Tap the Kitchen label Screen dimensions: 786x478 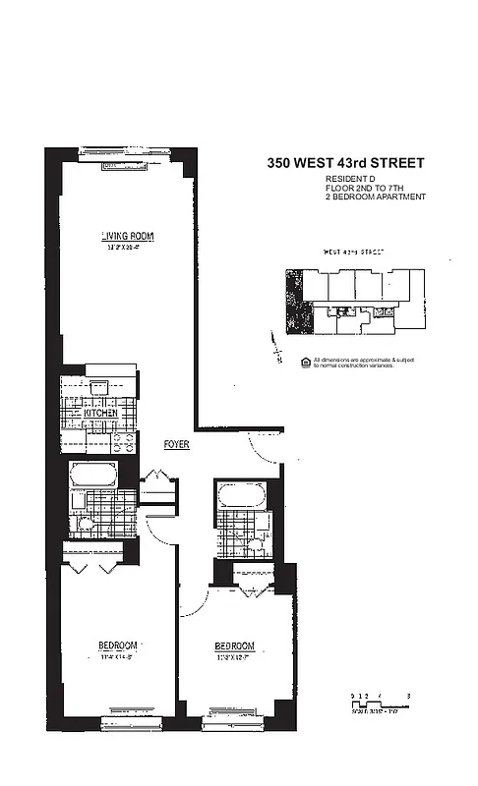[x=100, y=414]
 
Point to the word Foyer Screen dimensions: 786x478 [x=177, y=445]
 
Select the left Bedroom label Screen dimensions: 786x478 [x=116, y=646]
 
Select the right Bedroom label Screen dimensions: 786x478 [x=235, y=646]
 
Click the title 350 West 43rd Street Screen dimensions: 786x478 [x=345, y=163]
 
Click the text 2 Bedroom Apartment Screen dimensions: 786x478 [x=376, y=197]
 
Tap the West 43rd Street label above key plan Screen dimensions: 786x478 [x=352, y=253]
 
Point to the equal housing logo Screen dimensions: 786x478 [x=305, y=361]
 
